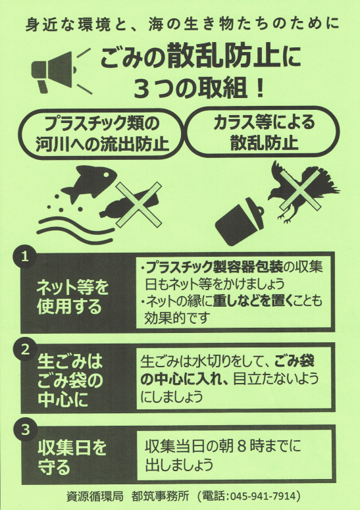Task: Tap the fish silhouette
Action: tap(90, 182)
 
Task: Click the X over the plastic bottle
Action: tap(139, 204)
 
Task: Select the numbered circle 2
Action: tap(25, 350)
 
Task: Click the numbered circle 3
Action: tap(25, 430)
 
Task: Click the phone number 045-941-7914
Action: tap(263, 496)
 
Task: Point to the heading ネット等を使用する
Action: tap(72, 297)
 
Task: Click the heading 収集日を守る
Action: tap(72, 457)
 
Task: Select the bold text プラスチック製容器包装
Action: tap(214, 267)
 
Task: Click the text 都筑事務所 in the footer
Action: tap(161, 496)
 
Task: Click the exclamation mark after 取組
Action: tap(259, 88)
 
